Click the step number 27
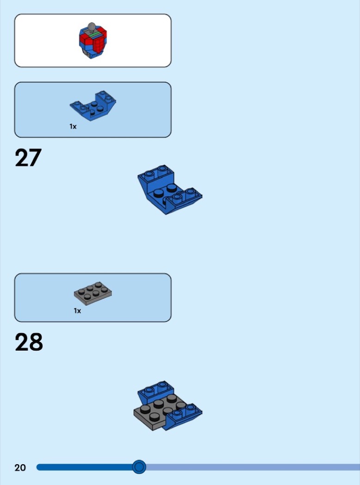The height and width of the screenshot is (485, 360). [28, 158]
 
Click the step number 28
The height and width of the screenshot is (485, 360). [29, 342]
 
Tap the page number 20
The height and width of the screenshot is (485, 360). [20, 467]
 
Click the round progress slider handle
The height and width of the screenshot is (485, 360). [139, 467]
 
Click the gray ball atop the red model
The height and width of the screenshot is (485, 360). [92, 26]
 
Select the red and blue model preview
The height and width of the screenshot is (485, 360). [92, 41]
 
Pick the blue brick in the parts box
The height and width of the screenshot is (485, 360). [92, 106]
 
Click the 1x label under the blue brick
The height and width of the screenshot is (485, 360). [73, 126]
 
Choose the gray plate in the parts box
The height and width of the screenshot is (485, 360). [93, 293]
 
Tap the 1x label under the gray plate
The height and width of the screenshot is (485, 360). [77, 310]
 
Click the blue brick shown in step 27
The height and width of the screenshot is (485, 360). [170, 189]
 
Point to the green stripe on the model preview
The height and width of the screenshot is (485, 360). [94, 34]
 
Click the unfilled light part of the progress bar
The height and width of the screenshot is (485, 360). [253, 467]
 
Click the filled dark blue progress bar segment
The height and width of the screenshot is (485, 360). [85, 467]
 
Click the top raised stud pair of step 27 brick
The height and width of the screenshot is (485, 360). [156, 172]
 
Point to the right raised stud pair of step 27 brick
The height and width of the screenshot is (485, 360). [184, 194]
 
